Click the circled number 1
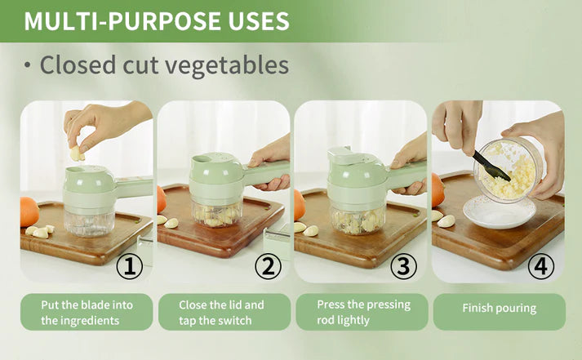[130, 266]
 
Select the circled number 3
[404, 266]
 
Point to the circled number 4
[541, 266]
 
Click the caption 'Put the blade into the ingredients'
[87, 312]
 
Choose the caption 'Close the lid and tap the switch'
[222, 312]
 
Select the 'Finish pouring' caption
[499, 309]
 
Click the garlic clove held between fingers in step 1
[77, 153]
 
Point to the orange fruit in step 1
[29, 211]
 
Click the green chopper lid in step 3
[356, 176]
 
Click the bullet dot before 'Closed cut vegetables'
[28, 66]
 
